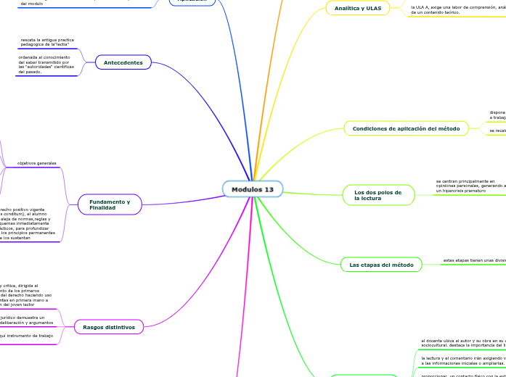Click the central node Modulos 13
click(x=253, y=189)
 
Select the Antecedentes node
click(x=123, y=62)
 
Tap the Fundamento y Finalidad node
click(x=110, y=204)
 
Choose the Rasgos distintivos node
click(x=109, y=327)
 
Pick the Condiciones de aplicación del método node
click(x=406, y=128)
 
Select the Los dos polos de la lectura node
click(x=378, y=195)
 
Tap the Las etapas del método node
click(x=381, y=265)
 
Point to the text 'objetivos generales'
click(x=37, y=163)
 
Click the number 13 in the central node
click(x=269, y=189)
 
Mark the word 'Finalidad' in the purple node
click(x=102, y=208)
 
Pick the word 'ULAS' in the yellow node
click(x=374, y=8)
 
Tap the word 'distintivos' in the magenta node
click(x=121, y=327)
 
